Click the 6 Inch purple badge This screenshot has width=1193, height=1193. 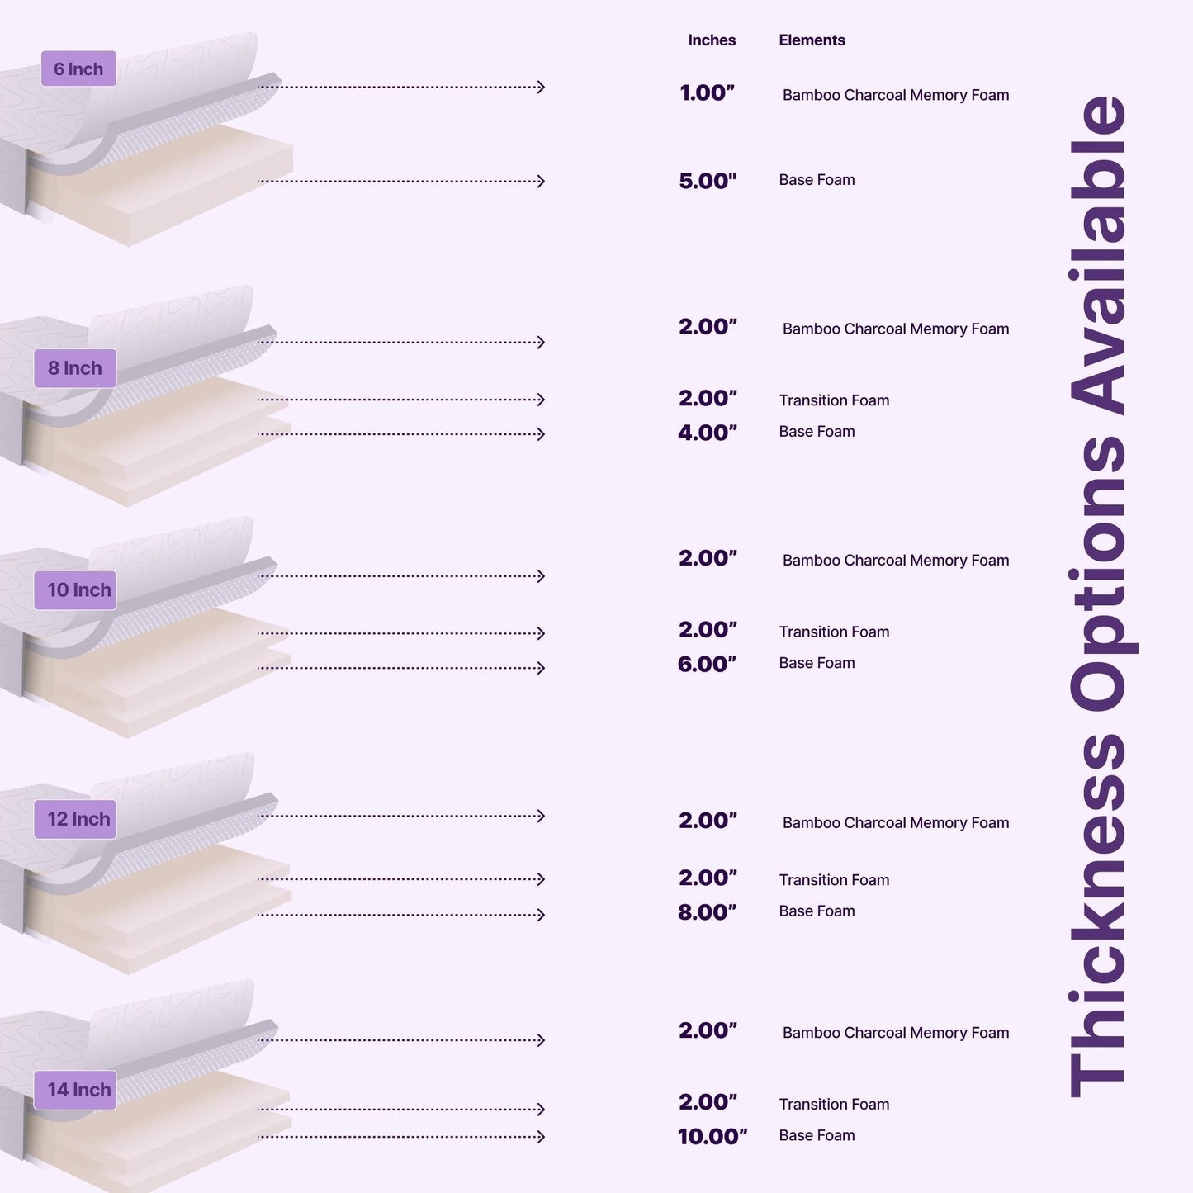78,69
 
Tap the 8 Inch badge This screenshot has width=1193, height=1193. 75,368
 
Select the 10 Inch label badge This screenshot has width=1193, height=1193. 75,590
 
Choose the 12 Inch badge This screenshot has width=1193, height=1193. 75,819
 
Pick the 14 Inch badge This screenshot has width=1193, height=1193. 75,1090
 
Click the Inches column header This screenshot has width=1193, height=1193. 712,40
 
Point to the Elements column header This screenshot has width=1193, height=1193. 812,40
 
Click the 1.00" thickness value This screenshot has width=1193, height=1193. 707,92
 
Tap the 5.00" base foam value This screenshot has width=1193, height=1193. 708,182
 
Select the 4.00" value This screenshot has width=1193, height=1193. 708,433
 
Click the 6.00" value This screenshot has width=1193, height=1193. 707,665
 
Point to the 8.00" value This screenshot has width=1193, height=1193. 707,912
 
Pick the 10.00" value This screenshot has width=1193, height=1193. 712,1137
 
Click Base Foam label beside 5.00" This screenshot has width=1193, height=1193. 817,180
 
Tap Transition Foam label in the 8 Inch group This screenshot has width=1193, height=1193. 834,400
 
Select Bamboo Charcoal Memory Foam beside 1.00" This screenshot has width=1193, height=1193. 896,95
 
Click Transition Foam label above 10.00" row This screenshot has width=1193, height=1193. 834,1105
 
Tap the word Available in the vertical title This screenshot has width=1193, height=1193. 1097,255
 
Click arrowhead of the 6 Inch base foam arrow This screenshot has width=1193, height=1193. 542,182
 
